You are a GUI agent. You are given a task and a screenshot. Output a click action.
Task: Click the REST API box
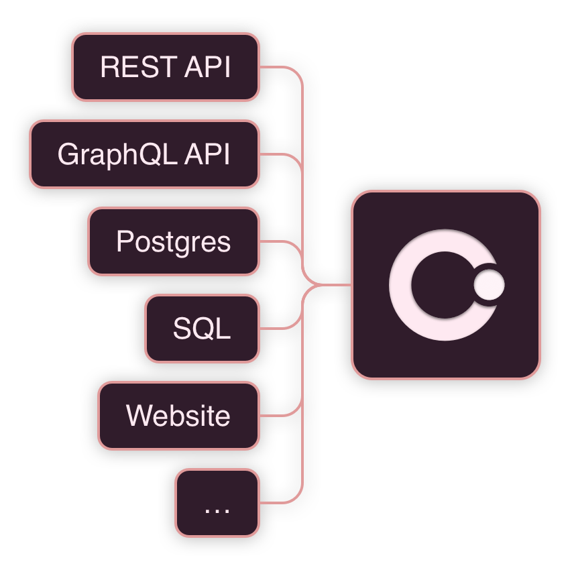[166, 67]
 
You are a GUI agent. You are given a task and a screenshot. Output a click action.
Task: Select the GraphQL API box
[144, 154]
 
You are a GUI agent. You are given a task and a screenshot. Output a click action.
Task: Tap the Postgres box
[173, 241]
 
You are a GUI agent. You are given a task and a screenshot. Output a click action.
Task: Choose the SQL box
[202, 329]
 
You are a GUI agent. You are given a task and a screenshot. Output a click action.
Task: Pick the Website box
[178, 416]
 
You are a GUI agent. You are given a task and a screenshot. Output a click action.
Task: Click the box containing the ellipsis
[217, 503]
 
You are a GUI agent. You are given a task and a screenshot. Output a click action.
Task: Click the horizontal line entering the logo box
[335, 285]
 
